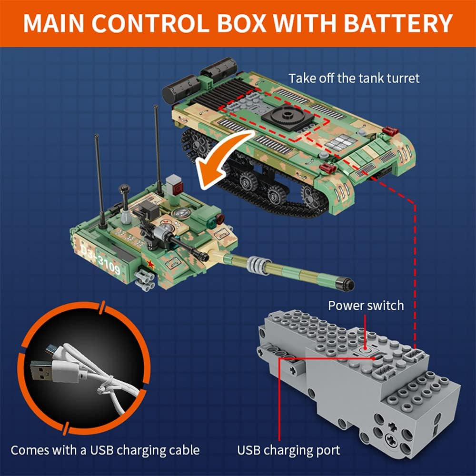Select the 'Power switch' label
point(366,305)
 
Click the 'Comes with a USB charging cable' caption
point(105,449)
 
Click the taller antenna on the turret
point(157,143)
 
